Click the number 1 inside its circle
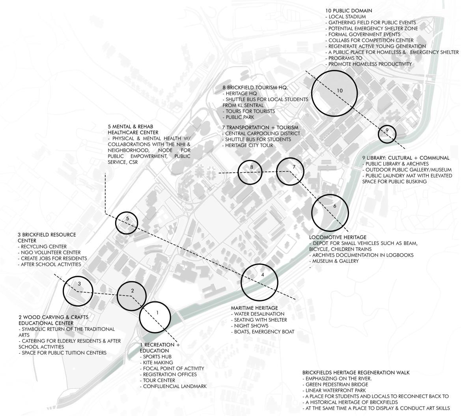point(157,313)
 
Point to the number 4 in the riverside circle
point(263,275)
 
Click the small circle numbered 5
point(127,218)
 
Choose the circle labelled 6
point(330,212)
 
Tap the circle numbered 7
point(290,171)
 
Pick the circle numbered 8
point(250,171)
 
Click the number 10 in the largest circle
point(340,90)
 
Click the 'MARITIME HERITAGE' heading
point(254,308)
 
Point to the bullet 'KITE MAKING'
point(158,362)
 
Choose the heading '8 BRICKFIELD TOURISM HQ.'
point(255,87)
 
